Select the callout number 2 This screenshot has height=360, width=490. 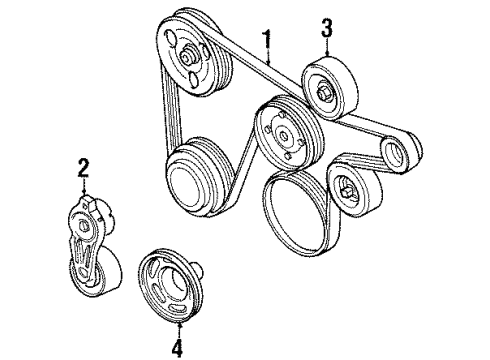pyautogui.click(x=84, y=168)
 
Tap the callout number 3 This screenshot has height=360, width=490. pyautogui.click(x=327, y=28)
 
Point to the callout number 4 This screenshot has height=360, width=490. pyautogui.click(x=178, y=347)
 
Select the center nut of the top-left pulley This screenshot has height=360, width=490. pyautogui.click(x=187, y=57)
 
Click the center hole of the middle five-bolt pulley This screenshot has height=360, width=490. pyautogui.click(x=284, y=135)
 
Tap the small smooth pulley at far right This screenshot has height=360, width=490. pyautogui.click(x=400, y=152)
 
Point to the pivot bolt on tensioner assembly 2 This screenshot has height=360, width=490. pyautogui.click(x=83, y=226)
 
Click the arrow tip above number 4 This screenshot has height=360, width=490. pyautogui.click(x=180, y=324)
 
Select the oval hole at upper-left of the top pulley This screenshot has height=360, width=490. pyautogui.click(x=170, y=38)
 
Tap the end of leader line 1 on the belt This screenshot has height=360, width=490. pyautogui.click(x=269, y=63)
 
